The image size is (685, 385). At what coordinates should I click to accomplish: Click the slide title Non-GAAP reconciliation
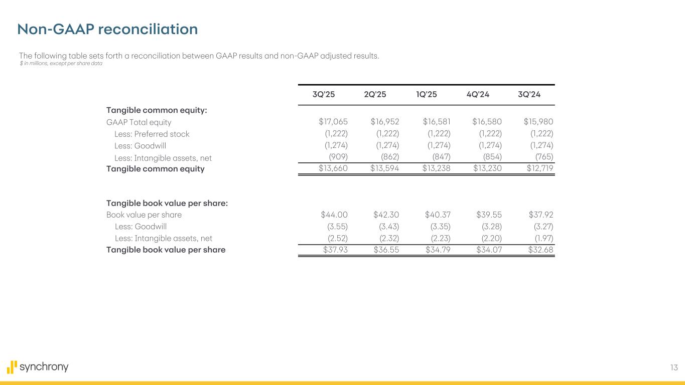(107, 29)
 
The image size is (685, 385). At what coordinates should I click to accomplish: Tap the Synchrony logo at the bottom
(38, 367)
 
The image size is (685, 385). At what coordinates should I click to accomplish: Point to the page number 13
(673, 368)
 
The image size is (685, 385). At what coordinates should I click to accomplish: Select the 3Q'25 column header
(324, 95)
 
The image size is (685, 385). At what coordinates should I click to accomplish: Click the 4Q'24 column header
(478, 95)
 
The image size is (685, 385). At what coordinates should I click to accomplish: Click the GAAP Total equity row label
(139, 122)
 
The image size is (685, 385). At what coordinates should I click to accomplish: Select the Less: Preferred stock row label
(152, 134)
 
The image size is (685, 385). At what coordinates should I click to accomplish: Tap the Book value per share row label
(144, 215)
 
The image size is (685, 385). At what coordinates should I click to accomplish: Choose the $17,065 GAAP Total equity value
(333, 121)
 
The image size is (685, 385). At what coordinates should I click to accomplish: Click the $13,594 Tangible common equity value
(385, 168)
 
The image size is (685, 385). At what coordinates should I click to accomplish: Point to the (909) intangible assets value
(338, 158)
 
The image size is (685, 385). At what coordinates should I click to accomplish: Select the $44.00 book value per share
(334, 215)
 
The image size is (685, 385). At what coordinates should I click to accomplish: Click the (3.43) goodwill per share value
(389, 227)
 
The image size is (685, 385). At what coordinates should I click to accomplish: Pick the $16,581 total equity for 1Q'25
(436, 121)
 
